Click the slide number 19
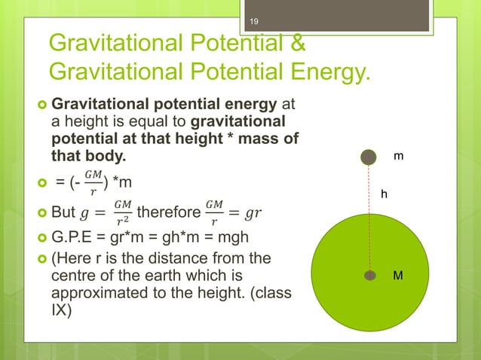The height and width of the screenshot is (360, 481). click(254, 10)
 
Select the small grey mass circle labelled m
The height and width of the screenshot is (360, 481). click(368, 157)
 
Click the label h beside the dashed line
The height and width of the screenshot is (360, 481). click(384, 194)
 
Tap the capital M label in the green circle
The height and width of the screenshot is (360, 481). click(399, 276)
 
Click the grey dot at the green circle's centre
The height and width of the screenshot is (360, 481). click(369, 276)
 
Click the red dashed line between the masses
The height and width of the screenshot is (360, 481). click(369, 218)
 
